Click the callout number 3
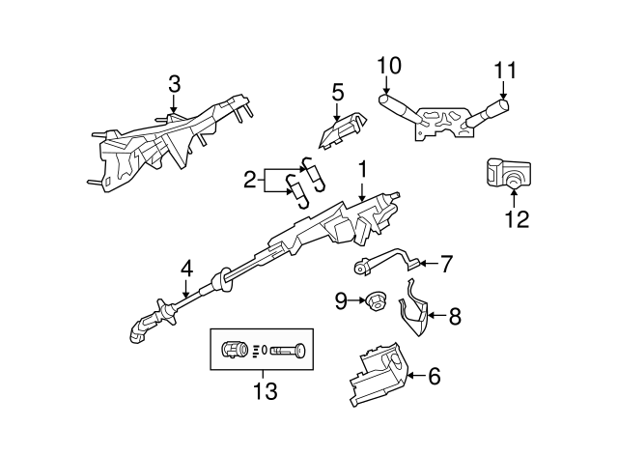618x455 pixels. click(174, 84)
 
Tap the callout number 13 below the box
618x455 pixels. click(264, 392)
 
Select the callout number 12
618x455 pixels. click(517, 219)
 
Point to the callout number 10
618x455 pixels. click(388, 67)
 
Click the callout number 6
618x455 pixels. click(434, 377)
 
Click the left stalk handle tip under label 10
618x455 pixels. click(386, 100)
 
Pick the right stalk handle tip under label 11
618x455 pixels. click(505, 102)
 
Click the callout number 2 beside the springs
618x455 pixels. click(249, 180)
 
